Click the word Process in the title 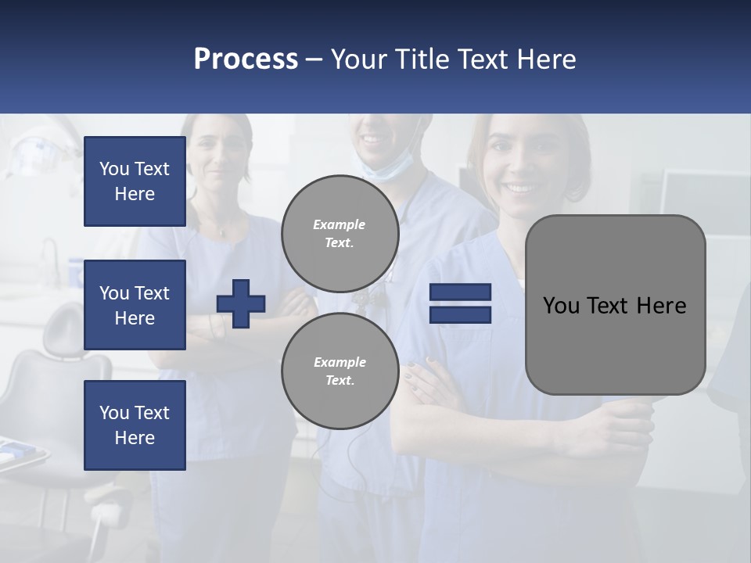pyautogui.click(x=246, y=59)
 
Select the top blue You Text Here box pyautogui.click(x=135, y=181)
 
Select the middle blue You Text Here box pyautogui.click(x=135, y=305)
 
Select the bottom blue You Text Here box pyautogui.click(x=135, y=425)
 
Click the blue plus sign pyautogui.click(x=241, y=303)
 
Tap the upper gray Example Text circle pyautogui.click(x=340, y=234)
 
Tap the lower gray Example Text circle pyautogui.click(x=340, y=371)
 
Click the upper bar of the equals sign pyautogui.click(x=460, y=292)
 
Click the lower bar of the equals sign pyautogui.click(x=460, y=314)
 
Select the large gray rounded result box pyautogui.click(x=615, y=344)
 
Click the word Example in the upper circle pyautogui.click(x=340, y=224)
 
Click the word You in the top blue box pyautogui.click(x=113, y=169)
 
